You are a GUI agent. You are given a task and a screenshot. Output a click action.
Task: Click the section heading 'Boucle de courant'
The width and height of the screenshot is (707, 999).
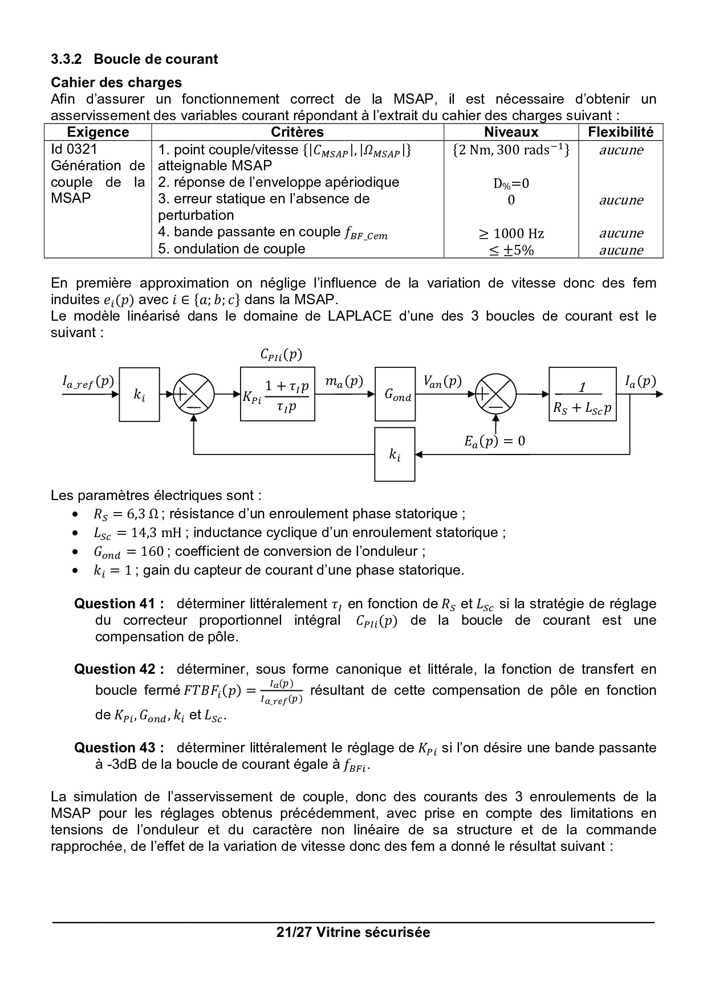click(x=155, y=59)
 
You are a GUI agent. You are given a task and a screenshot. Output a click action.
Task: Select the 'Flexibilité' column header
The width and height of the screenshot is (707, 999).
click(x=620, y=132)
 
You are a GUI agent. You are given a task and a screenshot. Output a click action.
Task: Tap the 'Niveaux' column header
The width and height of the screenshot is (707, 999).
click(x=511, y=132)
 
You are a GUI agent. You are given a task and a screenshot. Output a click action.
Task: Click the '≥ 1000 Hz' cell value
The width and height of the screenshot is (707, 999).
click(x=511, y=234)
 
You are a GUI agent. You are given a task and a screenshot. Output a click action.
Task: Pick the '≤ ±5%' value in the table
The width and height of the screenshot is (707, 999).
click(x=511, y=250)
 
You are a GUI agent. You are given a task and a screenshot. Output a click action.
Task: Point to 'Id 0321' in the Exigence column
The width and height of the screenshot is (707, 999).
click(x=74, y=149)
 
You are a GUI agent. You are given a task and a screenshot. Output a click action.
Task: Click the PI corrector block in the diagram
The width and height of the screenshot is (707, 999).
click(x=277, y=394)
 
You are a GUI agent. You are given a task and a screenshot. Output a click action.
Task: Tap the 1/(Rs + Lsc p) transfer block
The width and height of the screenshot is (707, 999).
click(x=582, y=394)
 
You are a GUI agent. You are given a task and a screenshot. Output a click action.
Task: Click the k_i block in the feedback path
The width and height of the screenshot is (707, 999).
click(x=395, y=454)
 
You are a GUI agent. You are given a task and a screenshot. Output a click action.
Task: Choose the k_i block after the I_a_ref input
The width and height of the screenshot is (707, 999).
click(x=139, y=394)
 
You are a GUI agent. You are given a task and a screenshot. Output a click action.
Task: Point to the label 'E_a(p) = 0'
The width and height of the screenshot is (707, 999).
click(x=495, y=441)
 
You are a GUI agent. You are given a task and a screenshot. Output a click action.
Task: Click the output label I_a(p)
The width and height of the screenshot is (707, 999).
click(x=640, y=381)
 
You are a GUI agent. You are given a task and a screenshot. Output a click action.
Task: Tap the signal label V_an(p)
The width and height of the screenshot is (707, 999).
click(x=442, y=381)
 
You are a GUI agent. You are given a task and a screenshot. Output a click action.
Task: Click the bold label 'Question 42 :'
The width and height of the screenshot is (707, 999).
click(x=119, y=669)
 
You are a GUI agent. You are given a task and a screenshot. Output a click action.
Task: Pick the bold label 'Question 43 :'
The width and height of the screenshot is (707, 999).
click(x=119, y=748)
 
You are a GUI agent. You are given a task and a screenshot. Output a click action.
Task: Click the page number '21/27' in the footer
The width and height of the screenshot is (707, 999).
click(x=293, y=932)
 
